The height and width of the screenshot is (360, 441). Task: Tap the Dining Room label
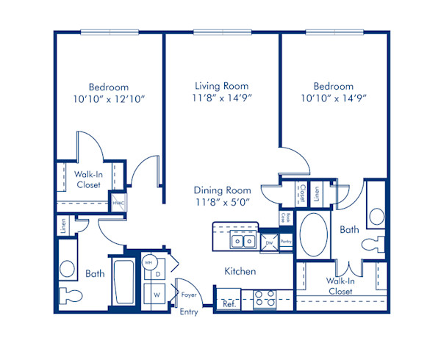pos(222,190)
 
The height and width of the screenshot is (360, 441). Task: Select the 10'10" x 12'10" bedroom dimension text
pos(108,97)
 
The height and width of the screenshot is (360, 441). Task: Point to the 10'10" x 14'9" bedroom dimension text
pos(333,97)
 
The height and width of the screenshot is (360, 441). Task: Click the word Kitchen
pos(240,272)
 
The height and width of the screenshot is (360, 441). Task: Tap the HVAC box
pos(118,204)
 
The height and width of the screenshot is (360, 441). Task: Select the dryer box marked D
pos(157,274)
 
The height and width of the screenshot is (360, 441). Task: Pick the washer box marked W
pos(157,295)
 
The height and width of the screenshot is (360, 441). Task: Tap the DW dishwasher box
pos(269,242)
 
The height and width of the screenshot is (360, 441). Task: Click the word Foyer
pos(189,295)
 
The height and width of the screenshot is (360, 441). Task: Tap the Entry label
pos(189,312)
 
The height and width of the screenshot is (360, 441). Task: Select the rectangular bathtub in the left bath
pos(123,282)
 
